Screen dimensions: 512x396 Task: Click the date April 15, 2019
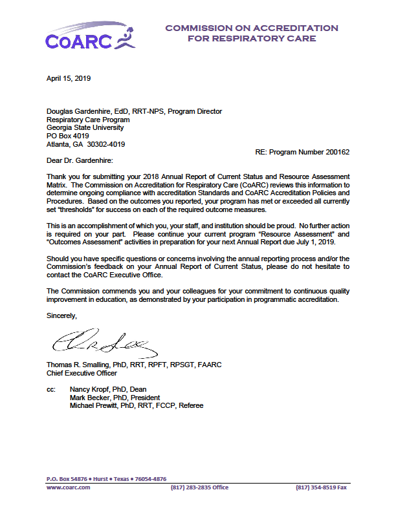click(69, 79)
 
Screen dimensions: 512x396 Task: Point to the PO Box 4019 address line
click(68, 136)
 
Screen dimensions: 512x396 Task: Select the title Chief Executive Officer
click(82, 374)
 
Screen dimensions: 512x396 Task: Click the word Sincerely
click(61, 316)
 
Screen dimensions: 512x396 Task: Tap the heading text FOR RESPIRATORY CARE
click(252, 39)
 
